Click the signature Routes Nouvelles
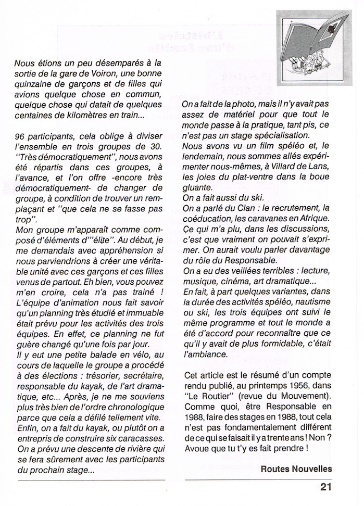(296, 469)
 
